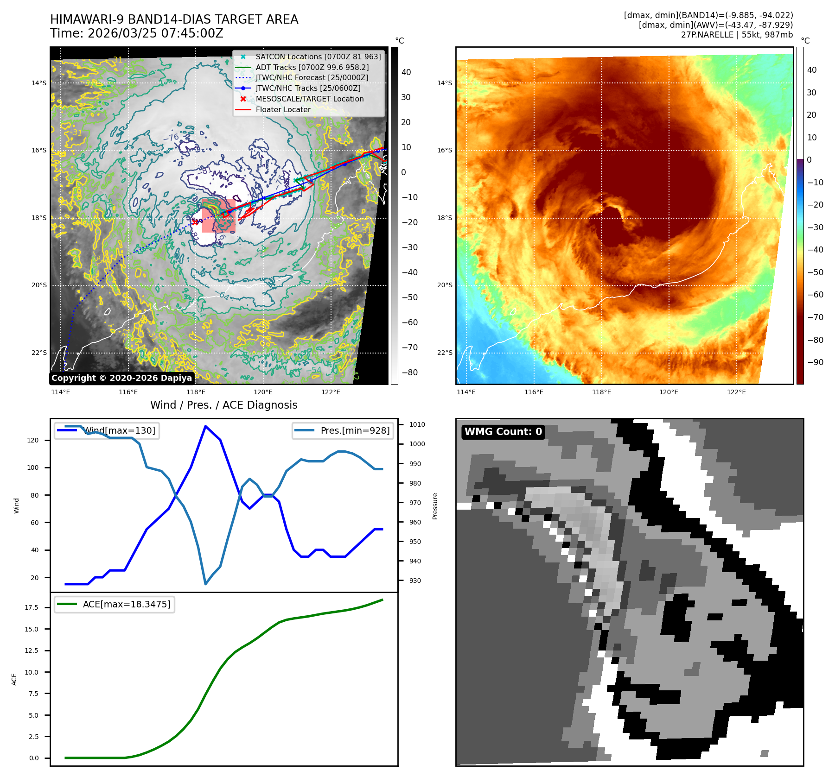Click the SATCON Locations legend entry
click(318, 57)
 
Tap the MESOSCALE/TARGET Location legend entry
click(309, 99)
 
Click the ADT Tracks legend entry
click(312, 67)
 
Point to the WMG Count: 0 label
click(503, 432)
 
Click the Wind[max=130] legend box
click(107, 430)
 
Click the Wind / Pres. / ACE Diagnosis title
click(223, 405)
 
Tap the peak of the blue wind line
click(205, 426)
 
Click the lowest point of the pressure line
click(205, 584)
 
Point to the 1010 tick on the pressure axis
click(417, 424)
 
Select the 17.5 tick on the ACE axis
click(32, 607)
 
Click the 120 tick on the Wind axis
click(33, 440)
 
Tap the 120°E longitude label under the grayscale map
click(263, 392)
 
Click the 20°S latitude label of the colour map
click(445, 285)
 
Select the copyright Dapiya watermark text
click(121, 378)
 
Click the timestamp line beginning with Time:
click(137, 33)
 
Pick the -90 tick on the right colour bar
click(815, 362)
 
